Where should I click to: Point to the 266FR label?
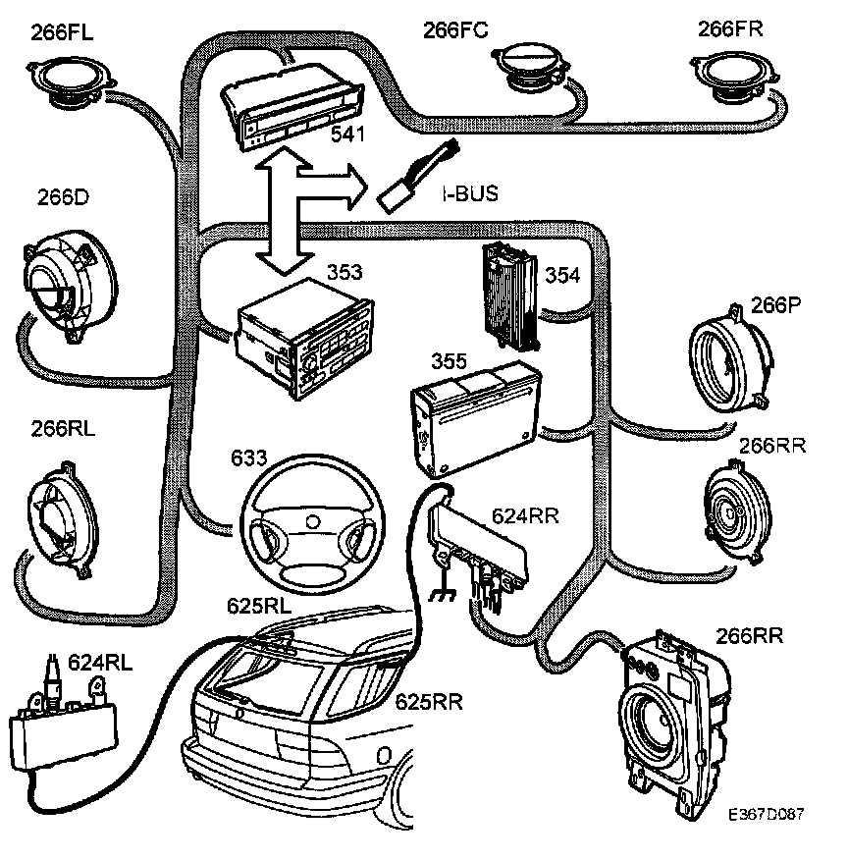pyautogui.click(x=731, y=28)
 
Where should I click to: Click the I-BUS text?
pyautogui.click(x=464, y=194)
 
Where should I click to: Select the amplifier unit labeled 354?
pyautogui.click(x=508, y=295)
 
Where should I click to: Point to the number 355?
pyautogui.click(x=449, y=360)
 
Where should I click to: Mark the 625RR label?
pyautogui.click(x=429, y=702)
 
